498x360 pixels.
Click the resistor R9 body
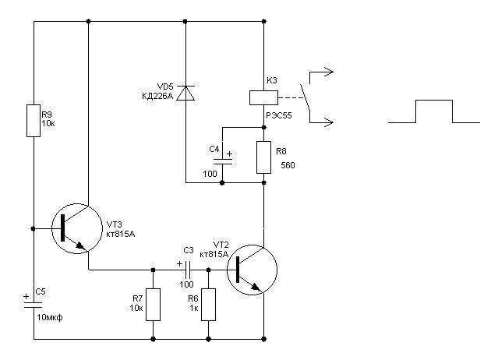tap(34, 121)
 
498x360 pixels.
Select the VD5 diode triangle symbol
tap(185, 93)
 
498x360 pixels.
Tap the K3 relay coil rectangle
tap(263, 97)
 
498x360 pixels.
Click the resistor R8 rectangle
tap(263, 157)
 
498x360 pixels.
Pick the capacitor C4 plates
tap(222, 161)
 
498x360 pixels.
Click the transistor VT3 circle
tap(77, 228)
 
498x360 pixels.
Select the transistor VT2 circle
tap(252, 270)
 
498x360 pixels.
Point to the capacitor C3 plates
tap(188, 270)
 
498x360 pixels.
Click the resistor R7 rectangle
tap(153, 305)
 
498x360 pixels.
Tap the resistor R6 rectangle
tap(208, 305)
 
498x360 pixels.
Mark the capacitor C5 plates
tap(34, 305)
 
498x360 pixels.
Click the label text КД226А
tap(157, 96)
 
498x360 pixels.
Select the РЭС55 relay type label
tap(279, 115)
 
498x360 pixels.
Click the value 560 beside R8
tap(288, 165)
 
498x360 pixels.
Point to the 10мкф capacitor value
tap(50, 317)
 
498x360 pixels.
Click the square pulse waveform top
tap(434, 101)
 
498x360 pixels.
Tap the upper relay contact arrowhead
tap(329, 72)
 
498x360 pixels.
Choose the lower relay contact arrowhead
tap(329, 122)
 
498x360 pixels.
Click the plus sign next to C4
tap(229, 154)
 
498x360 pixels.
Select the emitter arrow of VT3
tap(81, 245)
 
